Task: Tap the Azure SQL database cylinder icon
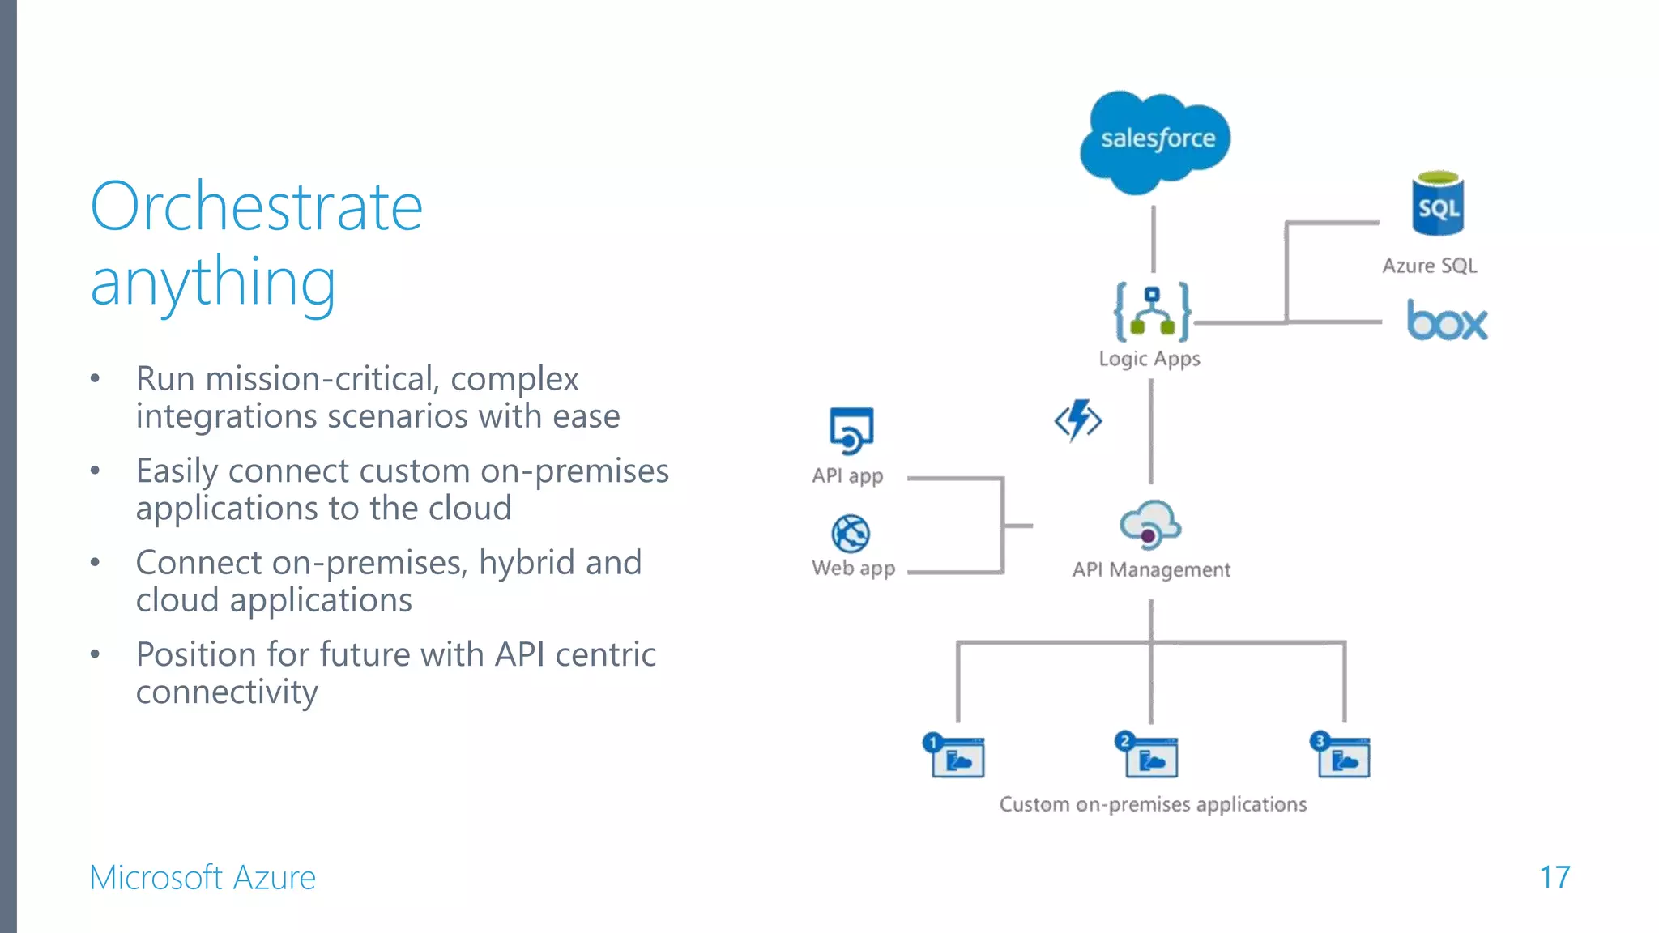(x=1438, y=204)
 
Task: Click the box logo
(x=1447, y=321)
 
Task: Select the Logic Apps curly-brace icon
(x=1151, y=312)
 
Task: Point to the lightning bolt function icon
(x=1078, y=420)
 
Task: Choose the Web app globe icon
(x=851, y=534)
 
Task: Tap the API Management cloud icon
(x=1150, y=525)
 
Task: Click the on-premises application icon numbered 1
(x=954, y=756)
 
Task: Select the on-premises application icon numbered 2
(x=1147, y=755)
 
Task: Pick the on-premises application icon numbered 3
(x=1341, y=755)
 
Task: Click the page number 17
(x=1554, y=877)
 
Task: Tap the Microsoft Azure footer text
(x=203, y=878)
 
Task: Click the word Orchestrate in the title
(x=257, y=207)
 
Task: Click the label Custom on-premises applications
(x=1153, y=804)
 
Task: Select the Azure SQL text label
(x=1429, y=266)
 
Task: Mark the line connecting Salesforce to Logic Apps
(x=1154, y=239)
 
